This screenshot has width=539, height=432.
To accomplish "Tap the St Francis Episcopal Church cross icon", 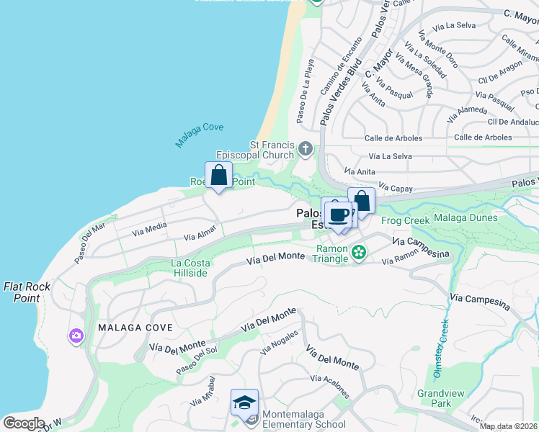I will (306, 150).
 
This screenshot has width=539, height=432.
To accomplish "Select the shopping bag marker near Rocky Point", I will (219, 176).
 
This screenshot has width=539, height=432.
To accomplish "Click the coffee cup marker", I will (338, 214).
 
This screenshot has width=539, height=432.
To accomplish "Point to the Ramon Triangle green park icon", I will (359, 253).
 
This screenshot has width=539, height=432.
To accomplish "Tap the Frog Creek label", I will (405, 220).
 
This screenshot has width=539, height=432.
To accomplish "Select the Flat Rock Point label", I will (27, 292).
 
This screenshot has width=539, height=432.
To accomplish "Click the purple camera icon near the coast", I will (76, 336).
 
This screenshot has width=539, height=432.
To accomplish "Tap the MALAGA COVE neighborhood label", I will (136, 328).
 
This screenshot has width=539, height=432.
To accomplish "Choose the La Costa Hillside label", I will (190, 268).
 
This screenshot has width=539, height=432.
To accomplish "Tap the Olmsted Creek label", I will (440, 349).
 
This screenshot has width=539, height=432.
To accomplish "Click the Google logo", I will (23, 423).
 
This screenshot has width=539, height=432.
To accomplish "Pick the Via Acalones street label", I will (331, 387).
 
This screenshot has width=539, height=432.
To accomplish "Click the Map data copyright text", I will (509, 426).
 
